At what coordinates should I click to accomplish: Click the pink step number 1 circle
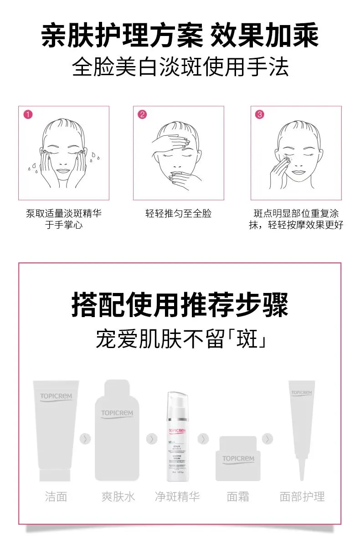click(x=28, y=115)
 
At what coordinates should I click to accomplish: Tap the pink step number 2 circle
click(x=143, y=115)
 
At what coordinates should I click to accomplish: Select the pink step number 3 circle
click(x=259, y=115)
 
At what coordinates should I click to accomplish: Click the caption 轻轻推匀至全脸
click(x=178, y=214)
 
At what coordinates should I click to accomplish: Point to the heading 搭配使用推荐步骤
click(x=180, y=305)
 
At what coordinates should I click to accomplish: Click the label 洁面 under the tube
click(x=57, y=496)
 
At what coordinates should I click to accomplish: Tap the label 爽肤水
click(x=118, y=496)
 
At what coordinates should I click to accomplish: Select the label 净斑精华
click(x=177, y=496)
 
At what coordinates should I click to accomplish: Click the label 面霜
click(x=238, y=496)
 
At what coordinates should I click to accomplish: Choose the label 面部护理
click(x=302, y=496)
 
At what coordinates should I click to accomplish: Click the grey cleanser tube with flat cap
click(x=56, y=430)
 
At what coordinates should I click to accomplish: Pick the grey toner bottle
click(x=117, y=430)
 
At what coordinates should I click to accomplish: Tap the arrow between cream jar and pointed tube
click(x=268, y=439)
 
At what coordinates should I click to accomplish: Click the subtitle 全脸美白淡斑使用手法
click(x=180, y=68)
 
